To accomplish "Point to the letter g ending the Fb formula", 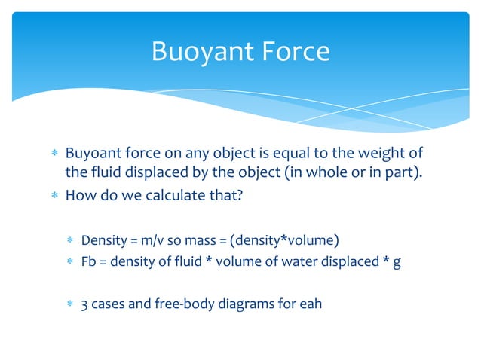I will pos(387,264).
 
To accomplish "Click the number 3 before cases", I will pos(84,306).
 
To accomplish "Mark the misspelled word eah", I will pos(311,306).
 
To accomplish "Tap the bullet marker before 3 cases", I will pos(69,306).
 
